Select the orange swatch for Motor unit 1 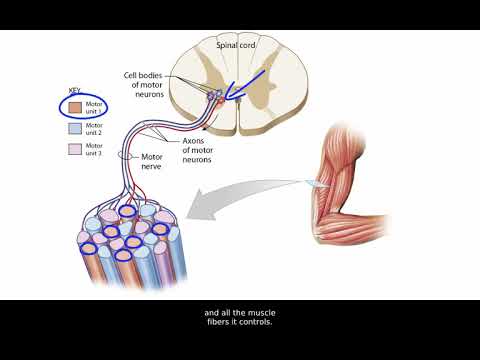click(x=76, y=103)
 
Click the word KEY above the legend click(x=71, y=88)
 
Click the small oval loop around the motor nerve click(x=126, y=156)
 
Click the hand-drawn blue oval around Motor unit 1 click(x=84, y=104)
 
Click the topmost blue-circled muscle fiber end click(x=129, y=211)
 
